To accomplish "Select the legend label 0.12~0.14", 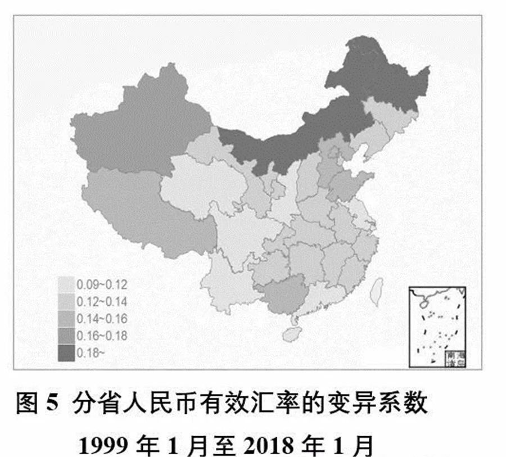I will (103, 301).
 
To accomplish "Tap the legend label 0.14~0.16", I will (103, 319).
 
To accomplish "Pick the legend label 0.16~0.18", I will (103, 336).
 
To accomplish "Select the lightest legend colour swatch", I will (66, 283).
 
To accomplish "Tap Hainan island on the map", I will (292, 333).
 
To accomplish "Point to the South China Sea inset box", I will (439, 325).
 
